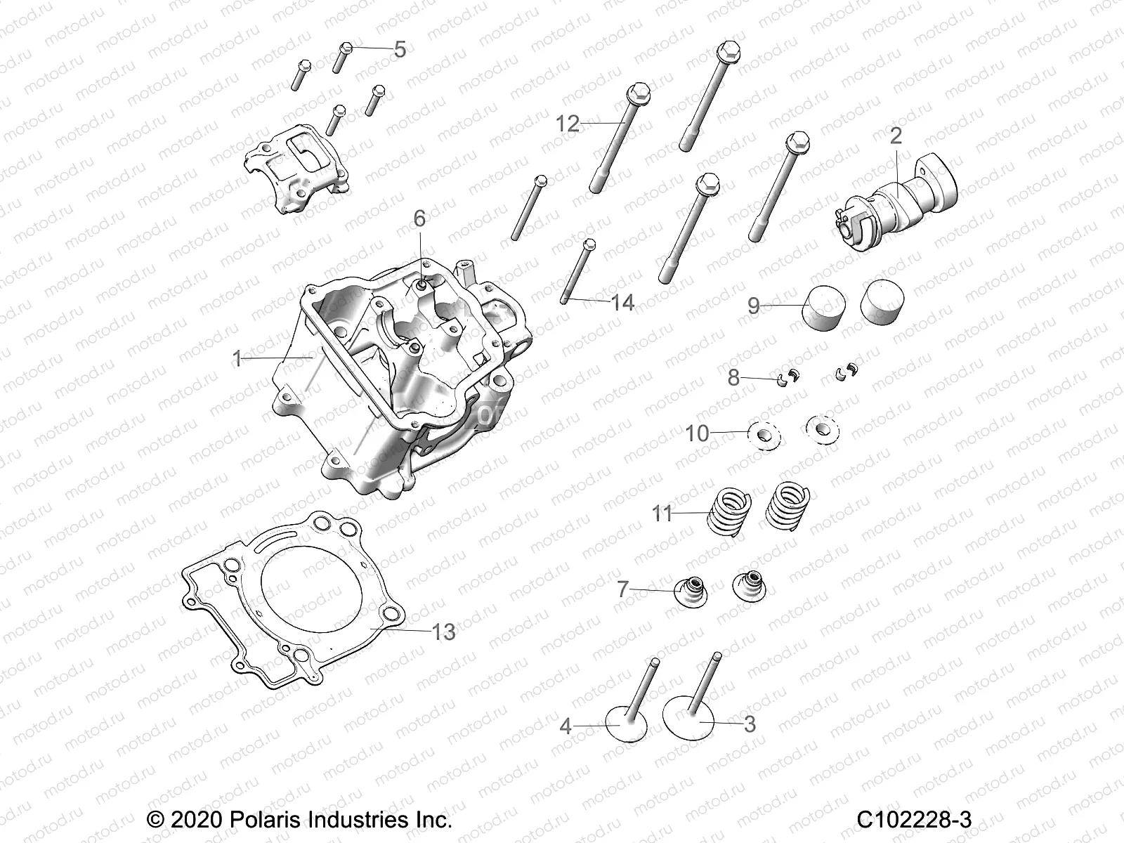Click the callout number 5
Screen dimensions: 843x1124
click(x=399, y=50)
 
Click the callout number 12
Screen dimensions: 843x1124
click(x=587, y=124)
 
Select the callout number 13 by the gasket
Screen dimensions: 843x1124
click(x=443, y=632)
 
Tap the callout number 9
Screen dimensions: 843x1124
click(x=753, y=306)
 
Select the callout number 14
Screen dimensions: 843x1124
click(x=622, y=303)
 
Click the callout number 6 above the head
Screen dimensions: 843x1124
click(x=419, y=218)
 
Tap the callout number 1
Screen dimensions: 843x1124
click(x=237, y=359)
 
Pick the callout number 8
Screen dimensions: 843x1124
click(x=733, y=378)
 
